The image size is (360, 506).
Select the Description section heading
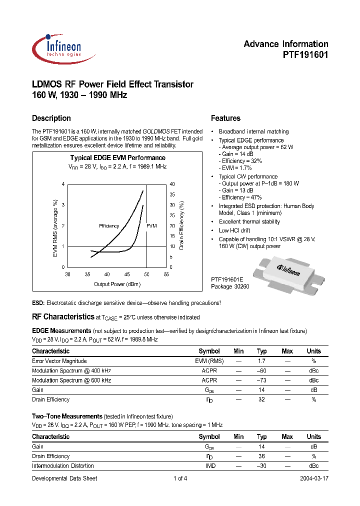click(51, 118)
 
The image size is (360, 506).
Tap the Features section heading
click(225, 118)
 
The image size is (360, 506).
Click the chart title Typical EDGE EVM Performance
click(117, 157)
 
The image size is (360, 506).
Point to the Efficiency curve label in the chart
click(109, 226)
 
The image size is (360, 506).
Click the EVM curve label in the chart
click(151, 226)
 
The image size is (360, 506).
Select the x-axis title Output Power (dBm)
click(117, 284)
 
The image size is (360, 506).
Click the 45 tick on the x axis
click(127, 274)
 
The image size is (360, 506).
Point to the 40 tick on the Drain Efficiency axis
click(173, 184)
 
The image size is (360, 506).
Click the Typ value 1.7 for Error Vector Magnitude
click(261, 361)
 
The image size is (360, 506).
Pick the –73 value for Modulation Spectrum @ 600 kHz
click(261, 380)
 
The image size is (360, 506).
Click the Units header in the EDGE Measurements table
click(313, 351)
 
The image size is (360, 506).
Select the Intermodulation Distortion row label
click(62, 466)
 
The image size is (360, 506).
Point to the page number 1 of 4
click(180, 478)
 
